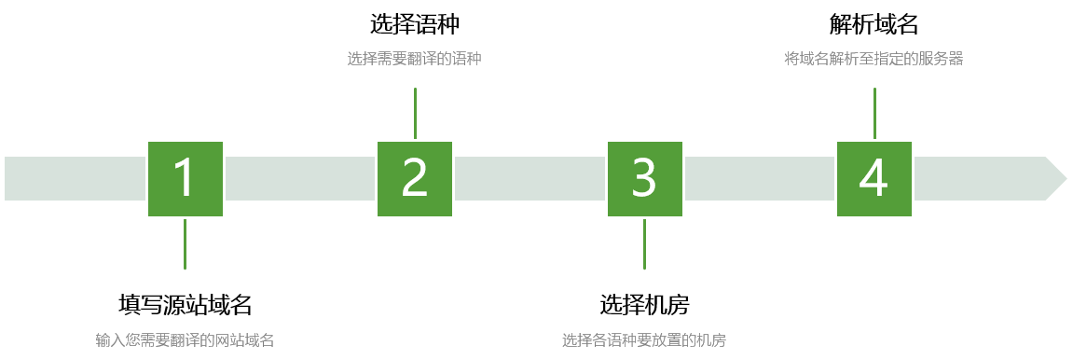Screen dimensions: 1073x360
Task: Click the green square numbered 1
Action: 185,178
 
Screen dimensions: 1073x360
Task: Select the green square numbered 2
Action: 414,178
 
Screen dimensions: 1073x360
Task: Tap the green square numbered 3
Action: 644,178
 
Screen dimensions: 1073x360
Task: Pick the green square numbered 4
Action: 874,178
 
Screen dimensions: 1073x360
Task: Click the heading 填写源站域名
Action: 185,304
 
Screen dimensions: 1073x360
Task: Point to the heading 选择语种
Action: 414,23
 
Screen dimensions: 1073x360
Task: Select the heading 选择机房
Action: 644,304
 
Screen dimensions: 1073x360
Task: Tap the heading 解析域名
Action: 874,23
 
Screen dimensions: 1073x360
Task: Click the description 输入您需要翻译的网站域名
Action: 185,340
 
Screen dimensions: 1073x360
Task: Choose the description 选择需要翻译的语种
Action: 414,59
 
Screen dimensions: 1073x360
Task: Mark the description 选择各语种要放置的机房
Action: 644,340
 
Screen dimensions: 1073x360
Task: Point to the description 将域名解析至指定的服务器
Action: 874,59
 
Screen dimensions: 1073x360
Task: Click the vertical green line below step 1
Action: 185,243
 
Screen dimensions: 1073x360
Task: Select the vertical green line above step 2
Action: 415,113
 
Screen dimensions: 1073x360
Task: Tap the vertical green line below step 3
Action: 644,243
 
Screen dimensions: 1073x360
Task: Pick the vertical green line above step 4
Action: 874,113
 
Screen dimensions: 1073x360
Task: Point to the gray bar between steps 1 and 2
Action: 299,178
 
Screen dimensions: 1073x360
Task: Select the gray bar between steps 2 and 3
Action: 530,178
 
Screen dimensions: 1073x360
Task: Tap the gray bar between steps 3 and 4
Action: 759,178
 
